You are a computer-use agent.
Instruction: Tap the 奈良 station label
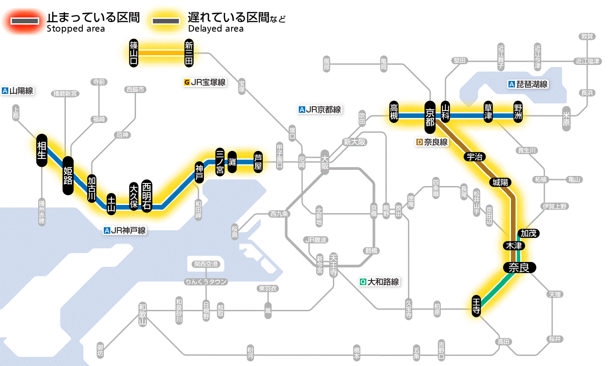(519, 268)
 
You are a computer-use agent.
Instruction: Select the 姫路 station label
(68, 176)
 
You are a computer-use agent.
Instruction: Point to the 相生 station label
(42, 151)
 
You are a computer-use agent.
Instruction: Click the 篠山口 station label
(134, 53)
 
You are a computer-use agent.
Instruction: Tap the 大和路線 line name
(379, 282)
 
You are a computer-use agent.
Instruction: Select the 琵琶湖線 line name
(528, 84)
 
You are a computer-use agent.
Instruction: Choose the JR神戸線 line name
(125, 230)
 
